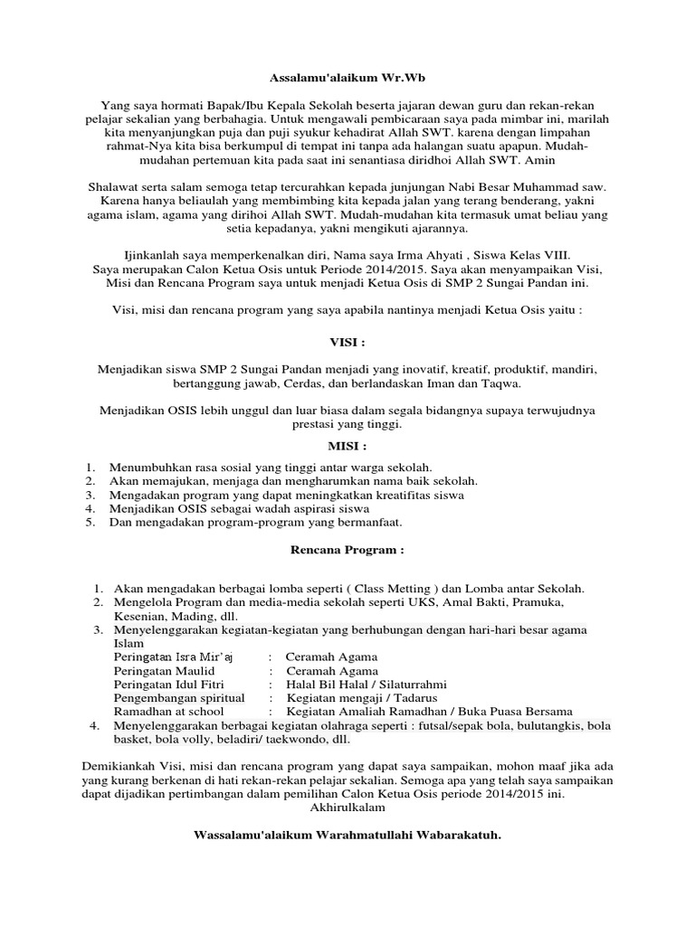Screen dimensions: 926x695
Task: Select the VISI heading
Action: point(347,345)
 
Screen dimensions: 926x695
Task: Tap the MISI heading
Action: point(347,447)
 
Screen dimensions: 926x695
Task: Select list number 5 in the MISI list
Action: point(90,522)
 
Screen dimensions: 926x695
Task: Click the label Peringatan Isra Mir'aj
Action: point(174,657)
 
